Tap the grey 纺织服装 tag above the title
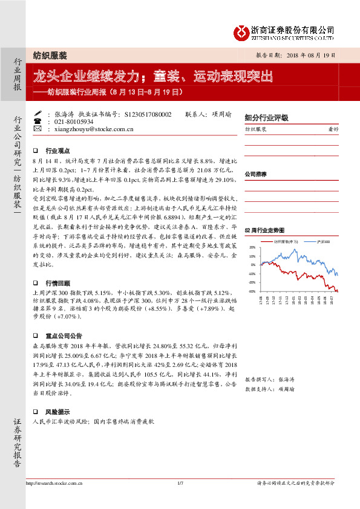pos(50,54)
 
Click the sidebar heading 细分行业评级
pos(266,118)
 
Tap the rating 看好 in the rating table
pos(333,129)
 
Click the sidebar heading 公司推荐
pos(256,174)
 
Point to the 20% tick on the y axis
pos(252,247)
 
